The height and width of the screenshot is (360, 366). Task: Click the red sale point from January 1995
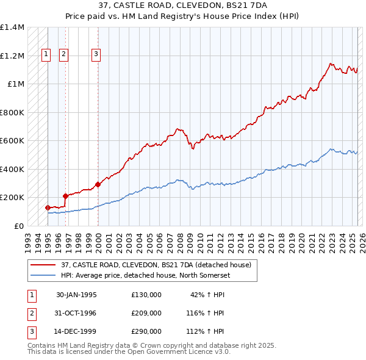[48, 207]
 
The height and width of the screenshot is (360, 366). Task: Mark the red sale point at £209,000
[65, 196]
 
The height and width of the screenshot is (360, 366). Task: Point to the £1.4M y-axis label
[12, 27]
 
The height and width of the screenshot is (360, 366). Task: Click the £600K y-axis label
[12, 141]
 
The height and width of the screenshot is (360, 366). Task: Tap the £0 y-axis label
[18, 226]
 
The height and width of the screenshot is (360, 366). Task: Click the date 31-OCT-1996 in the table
[76, 313]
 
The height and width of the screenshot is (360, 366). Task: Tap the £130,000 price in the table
[146, 295]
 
